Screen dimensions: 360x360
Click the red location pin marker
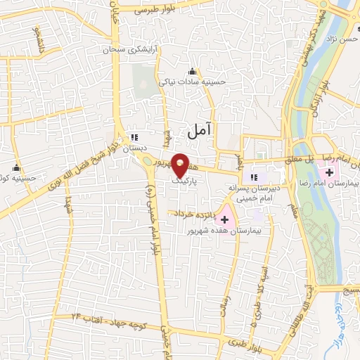coord(180,165)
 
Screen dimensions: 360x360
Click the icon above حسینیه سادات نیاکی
coord(193,70)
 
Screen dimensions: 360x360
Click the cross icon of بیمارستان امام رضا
coord(330,172)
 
